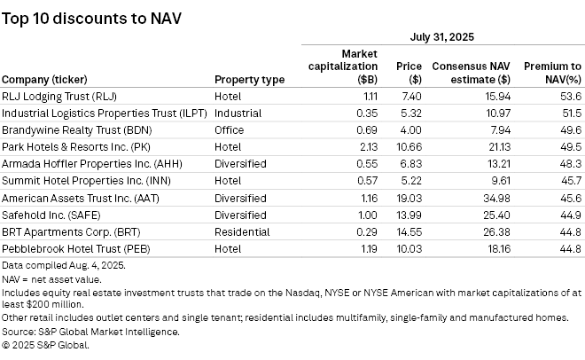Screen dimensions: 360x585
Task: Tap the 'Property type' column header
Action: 249,80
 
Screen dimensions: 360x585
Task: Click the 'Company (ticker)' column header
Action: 52,80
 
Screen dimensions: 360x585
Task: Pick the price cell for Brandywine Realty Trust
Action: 409,130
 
